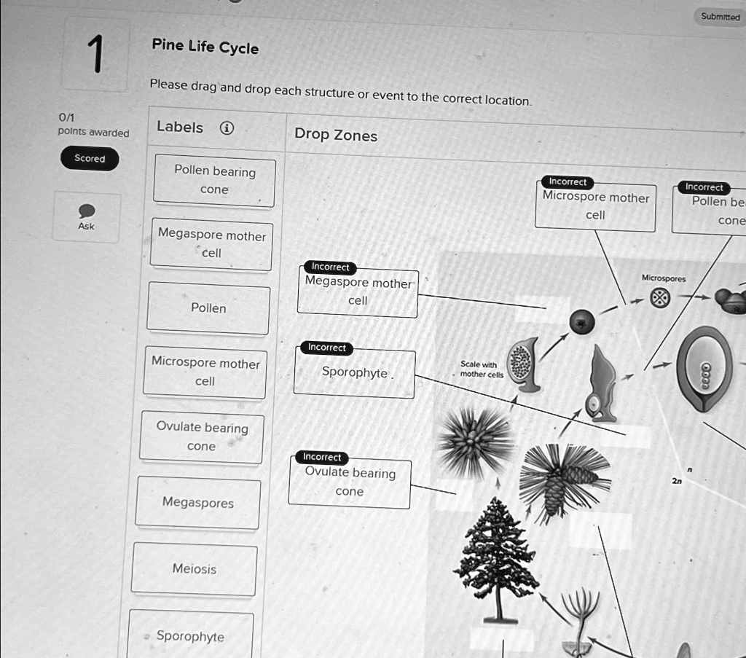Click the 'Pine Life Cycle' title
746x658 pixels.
[x=205, y=47]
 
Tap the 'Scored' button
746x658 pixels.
[x=90, y=158]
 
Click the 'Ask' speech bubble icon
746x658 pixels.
[x=87, y=211]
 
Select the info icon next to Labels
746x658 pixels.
[x=227, y=129]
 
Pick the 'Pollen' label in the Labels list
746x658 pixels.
[x=208, y=308]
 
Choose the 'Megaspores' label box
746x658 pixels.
[x=197, y=503]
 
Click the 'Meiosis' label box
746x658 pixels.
[x=195, y=569]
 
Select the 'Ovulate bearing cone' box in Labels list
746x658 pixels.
[x=202, y=437]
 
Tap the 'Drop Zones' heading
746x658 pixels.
[x=336, y=135]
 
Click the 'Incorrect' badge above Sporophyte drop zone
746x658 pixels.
[x=327, y=348]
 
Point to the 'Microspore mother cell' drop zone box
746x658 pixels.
[x=595, y=206]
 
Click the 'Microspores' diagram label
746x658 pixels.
[x=663, y=278]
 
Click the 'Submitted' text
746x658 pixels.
[x=720, y=16]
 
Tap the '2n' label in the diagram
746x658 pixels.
[x=678, y=482]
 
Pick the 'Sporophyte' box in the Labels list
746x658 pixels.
[x=190, y=636]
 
